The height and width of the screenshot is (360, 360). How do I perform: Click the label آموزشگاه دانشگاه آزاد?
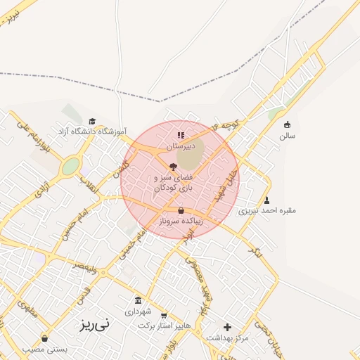tap(92, 131)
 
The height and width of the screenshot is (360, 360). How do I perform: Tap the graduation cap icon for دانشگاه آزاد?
tap(92, 121)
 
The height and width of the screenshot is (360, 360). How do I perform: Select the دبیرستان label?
tap(181, 146)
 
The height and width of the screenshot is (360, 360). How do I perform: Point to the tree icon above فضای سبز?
tap(174, 167)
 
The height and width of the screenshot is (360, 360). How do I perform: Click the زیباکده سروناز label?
tap(181, 220)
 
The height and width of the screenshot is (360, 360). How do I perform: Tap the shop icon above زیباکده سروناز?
tap(181, 210)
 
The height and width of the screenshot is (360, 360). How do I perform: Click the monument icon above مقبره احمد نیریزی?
tap(266, 200)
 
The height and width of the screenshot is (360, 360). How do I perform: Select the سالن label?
tap(287, 135)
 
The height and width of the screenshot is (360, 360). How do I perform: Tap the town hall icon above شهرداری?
tap(138, 300)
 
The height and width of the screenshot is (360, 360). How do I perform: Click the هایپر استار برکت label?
tap(164, 326)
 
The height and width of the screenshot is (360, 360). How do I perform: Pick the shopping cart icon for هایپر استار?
tap(164, 316)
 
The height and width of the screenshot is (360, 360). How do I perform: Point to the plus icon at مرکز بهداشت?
tap(227, 327)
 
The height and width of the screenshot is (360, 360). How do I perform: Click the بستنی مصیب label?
tap(44, 349)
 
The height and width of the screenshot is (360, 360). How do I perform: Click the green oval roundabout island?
tap(70, 167)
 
